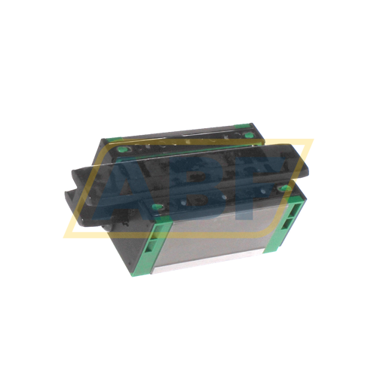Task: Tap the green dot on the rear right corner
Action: click(248, 136)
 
